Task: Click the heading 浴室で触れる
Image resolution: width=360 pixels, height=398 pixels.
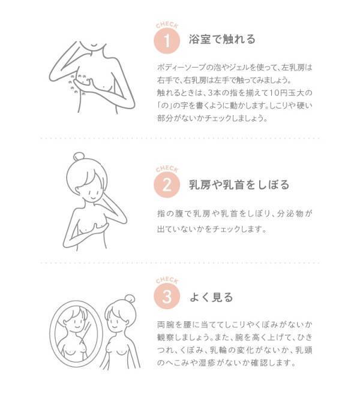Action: pos(223,40)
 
